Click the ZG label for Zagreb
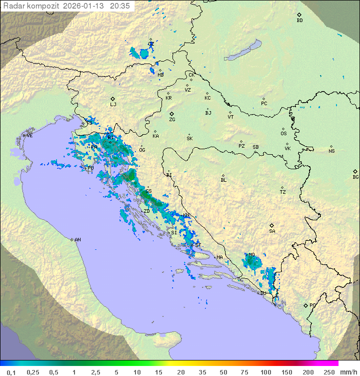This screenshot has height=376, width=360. tap(172, 120)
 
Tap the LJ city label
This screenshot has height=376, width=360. tap(113, 105)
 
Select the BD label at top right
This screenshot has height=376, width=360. tap(299, 21)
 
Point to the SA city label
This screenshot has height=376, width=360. tap(272, 231)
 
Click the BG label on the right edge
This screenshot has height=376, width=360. tap(355, 177)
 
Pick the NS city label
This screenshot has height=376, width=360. tap(331, 151)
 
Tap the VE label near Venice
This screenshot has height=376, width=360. tap(29, 136)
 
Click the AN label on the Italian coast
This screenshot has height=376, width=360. tap(77, 240)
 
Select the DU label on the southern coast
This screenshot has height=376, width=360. tap(263, 293)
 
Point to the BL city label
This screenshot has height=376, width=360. tap(223, 180)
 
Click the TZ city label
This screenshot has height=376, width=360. tap(283, 192)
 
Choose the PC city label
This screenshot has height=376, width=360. tap(264, 104)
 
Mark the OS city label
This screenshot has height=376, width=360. tap(283, 134)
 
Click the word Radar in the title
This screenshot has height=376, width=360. tap(13, 6)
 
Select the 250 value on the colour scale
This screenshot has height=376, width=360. tap(329, 372)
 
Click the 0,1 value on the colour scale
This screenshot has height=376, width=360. tap(11, 372)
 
